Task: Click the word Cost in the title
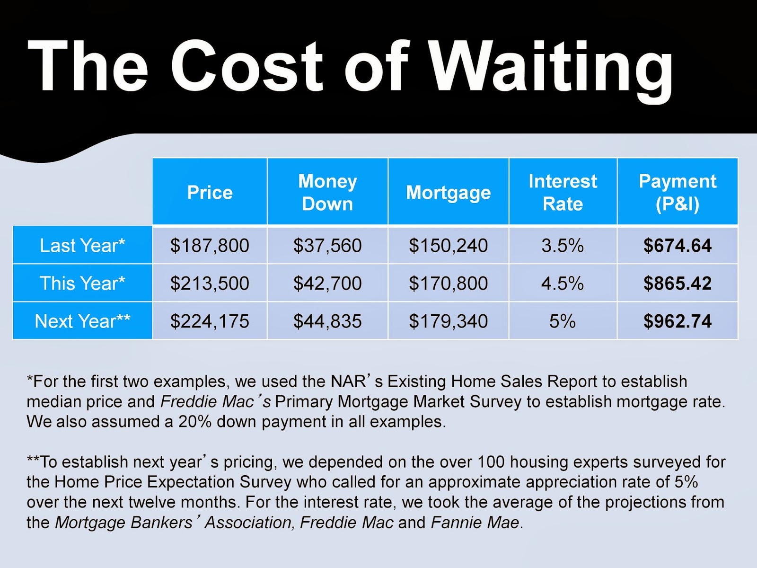pyautogui.click(x=246, y=66)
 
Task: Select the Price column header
pyautogui.click(x=210, y=192)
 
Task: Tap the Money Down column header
pyautogui.click(x=327, y=192)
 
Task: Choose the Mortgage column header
pyautogui.click(x=448, y=192)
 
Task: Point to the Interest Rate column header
pyautogui.click(x=563, y=192)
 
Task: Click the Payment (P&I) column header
pyautogui.click(x=677, y=192)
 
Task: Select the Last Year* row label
pyautogui.click(x=82, y=245)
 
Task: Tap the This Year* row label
pyautogui.click(x=82, y=283)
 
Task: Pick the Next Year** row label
pyautogui.click(x=82, y=321)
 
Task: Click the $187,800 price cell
pyautogui.click(x=210, y=245)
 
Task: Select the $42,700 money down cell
pyautogui.click(x=327, y=283)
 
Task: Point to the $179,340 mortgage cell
pyautogui.click(x=448, y=321)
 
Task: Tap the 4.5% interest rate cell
pyautogui.click(x=563, y=283)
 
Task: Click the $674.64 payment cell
pyautogui.click(x=677, y=245)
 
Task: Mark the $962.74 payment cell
pyautogui.click(x=677, y=321)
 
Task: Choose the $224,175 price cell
pyautogui.click(x=210, y=321)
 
